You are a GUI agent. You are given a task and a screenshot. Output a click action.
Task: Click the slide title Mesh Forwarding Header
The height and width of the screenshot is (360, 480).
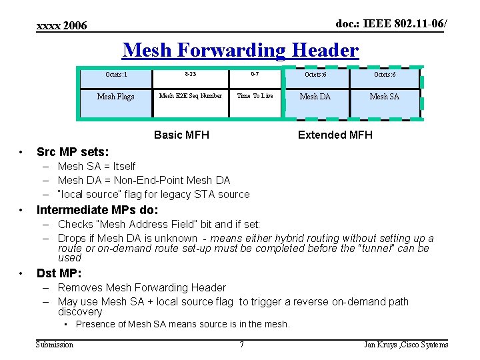(241, 51)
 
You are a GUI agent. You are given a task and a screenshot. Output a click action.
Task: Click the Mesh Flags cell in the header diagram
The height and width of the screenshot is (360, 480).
(115, 97)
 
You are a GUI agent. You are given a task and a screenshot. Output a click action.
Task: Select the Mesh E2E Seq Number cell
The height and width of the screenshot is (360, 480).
(191, 96)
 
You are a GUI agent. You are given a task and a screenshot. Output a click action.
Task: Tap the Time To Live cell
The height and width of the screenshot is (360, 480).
(255, 96)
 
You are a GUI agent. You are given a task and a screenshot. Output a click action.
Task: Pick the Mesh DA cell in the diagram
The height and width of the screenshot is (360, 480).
(315, 97)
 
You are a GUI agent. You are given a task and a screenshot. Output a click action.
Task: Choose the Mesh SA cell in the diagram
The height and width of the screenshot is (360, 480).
(384, 97)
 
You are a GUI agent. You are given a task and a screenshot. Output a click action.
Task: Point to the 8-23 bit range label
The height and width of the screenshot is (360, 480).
(191, 75)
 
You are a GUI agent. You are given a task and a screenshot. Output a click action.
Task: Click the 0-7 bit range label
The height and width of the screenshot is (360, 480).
(255, 75)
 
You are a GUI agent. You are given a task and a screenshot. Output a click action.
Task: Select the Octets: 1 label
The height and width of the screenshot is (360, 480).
(116, 75)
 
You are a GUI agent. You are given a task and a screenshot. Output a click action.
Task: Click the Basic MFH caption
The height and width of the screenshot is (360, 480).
(181, 135)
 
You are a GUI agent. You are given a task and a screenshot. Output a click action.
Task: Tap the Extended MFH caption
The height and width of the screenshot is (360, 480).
(335, 135)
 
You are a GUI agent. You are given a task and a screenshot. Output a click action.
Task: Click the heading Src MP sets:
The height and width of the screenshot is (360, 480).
(73, 152)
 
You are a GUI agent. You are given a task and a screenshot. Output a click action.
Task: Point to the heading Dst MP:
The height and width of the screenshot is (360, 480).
(59, 273)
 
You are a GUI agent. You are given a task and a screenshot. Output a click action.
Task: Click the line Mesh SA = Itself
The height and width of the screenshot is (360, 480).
(96, 167)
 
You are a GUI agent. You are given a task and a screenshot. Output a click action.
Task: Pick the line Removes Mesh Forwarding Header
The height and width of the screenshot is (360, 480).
(141, 288)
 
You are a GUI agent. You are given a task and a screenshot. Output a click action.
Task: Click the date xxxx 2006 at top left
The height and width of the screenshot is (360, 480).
(61, 26)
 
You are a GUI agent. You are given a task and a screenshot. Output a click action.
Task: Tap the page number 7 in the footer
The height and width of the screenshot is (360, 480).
(241, 345)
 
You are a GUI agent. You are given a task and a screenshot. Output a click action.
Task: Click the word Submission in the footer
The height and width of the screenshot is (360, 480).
(55, 345)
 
